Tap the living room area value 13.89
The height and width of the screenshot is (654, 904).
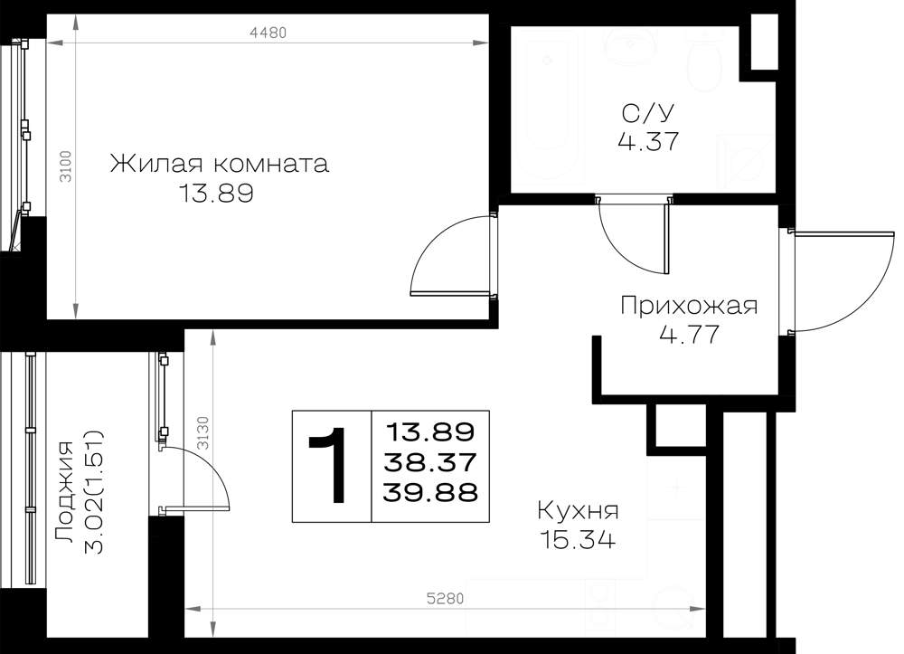pos(216,194)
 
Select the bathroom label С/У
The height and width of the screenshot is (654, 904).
pos(648,114)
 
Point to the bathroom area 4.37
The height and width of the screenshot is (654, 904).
pos(648,141)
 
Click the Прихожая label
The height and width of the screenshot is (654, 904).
pos(689,306)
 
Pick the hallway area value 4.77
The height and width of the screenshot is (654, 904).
pos(689,335)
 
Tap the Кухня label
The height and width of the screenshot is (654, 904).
pos(578,511)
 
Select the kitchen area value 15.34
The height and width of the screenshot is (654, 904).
pos(578,540)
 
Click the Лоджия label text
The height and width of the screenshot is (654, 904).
pos(64,492)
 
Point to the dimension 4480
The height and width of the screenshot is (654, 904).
pos(268,33)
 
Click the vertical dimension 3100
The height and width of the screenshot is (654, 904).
pos(66,166)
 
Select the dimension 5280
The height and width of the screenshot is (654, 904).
pos(445,599)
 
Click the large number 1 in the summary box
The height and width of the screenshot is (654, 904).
pos(330,466)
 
